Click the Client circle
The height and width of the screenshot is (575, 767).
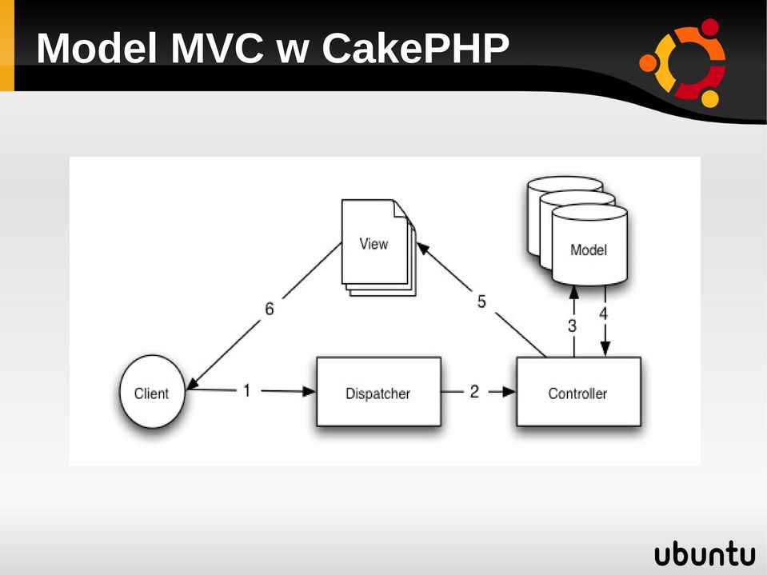(152, 392)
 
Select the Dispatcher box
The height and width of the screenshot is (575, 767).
(378, 392)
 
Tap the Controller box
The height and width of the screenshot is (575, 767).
(579, 392)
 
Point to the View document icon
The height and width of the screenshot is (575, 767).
(378, 247)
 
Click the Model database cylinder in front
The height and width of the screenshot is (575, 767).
(589, 245)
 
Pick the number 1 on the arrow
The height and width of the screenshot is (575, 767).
(247, 390)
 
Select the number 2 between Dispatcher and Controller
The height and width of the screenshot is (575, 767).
(474, 391)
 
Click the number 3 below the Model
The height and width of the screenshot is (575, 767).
(572, 325)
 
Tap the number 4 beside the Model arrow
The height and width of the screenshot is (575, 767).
(603, 313)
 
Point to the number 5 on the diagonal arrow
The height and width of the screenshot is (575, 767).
(481, 301)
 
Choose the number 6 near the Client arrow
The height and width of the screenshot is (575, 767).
(269, 309)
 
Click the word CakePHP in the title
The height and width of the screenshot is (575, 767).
(415, 48)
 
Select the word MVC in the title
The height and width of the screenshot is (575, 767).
(217, 48)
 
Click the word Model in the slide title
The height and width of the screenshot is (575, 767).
(97, 48)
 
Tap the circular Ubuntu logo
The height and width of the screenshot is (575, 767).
(682, 62)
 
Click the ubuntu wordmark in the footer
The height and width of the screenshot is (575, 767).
(705, 554)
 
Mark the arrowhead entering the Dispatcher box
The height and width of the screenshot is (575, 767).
(310, 391)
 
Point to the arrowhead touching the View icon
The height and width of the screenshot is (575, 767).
(423, 249)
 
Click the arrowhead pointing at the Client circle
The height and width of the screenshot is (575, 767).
(193, 384)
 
